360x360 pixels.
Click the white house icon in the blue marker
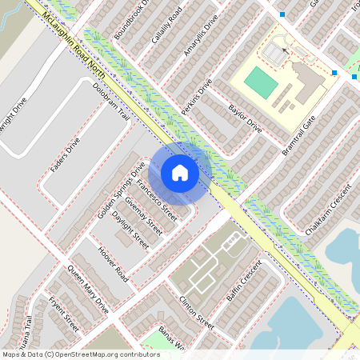pyautogui.click(x=179, y=173)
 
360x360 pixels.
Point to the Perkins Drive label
pyautogui.click(x=195, y=97)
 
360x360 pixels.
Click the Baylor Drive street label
pyautogui.click(x=245, y=118)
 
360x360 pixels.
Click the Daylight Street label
pyautogui.click(x=130, y=230)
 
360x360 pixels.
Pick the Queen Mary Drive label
pyautogui.click(x=89, y=289)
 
